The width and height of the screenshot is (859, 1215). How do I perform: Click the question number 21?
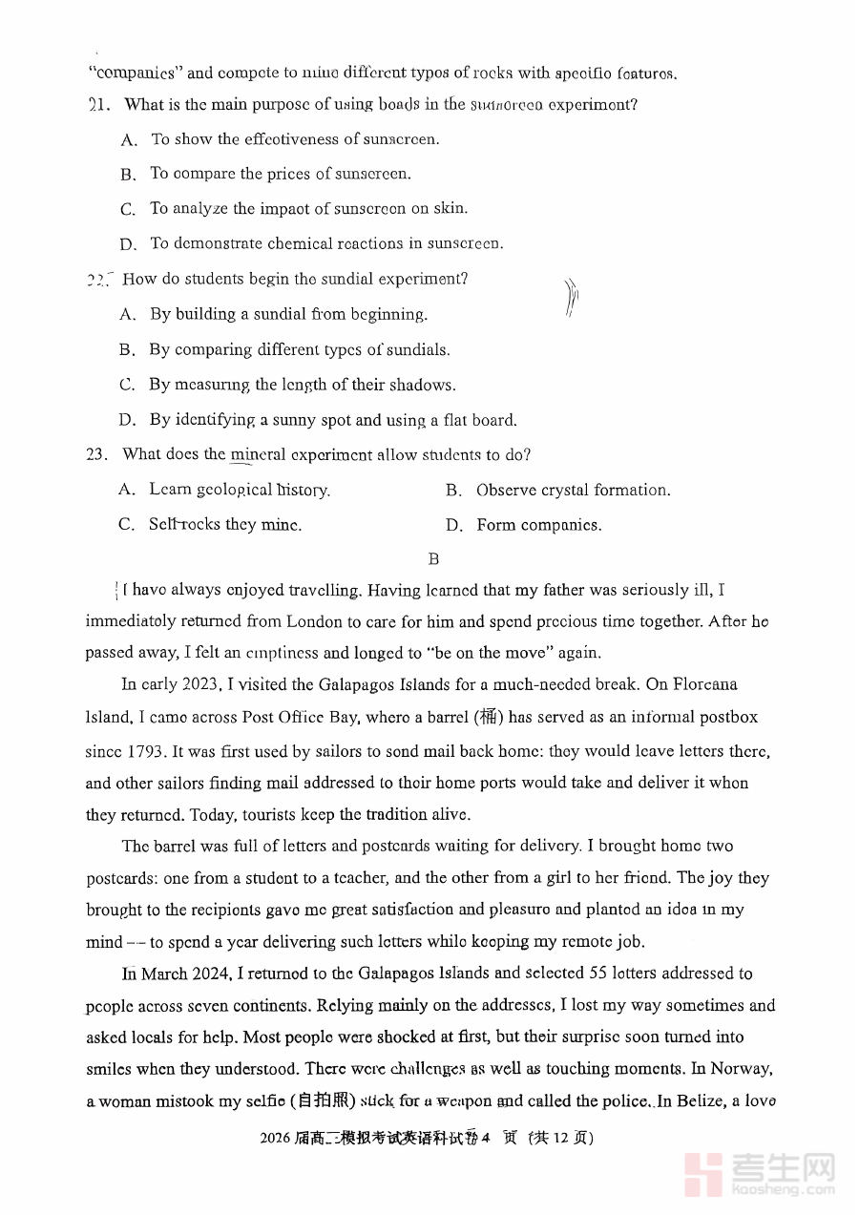point(98,105)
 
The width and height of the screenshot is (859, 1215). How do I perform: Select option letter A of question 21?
point(129,140)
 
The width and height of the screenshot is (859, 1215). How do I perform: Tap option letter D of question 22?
point(127,421)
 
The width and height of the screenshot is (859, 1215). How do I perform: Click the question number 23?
point(96,455)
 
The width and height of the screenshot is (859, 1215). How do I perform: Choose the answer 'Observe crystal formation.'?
point(573,491)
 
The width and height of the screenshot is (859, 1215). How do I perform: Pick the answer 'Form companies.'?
point(538,525)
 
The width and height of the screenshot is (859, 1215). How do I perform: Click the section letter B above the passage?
point(433,559)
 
